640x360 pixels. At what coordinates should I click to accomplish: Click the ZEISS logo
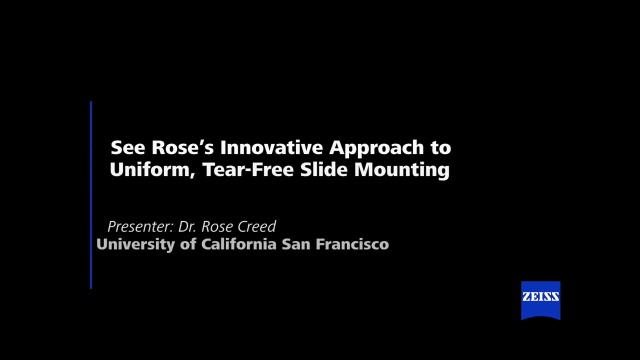(x=540, y=298)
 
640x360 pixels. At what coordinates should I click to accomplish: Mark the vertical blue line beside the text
(x=91, y=195)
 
